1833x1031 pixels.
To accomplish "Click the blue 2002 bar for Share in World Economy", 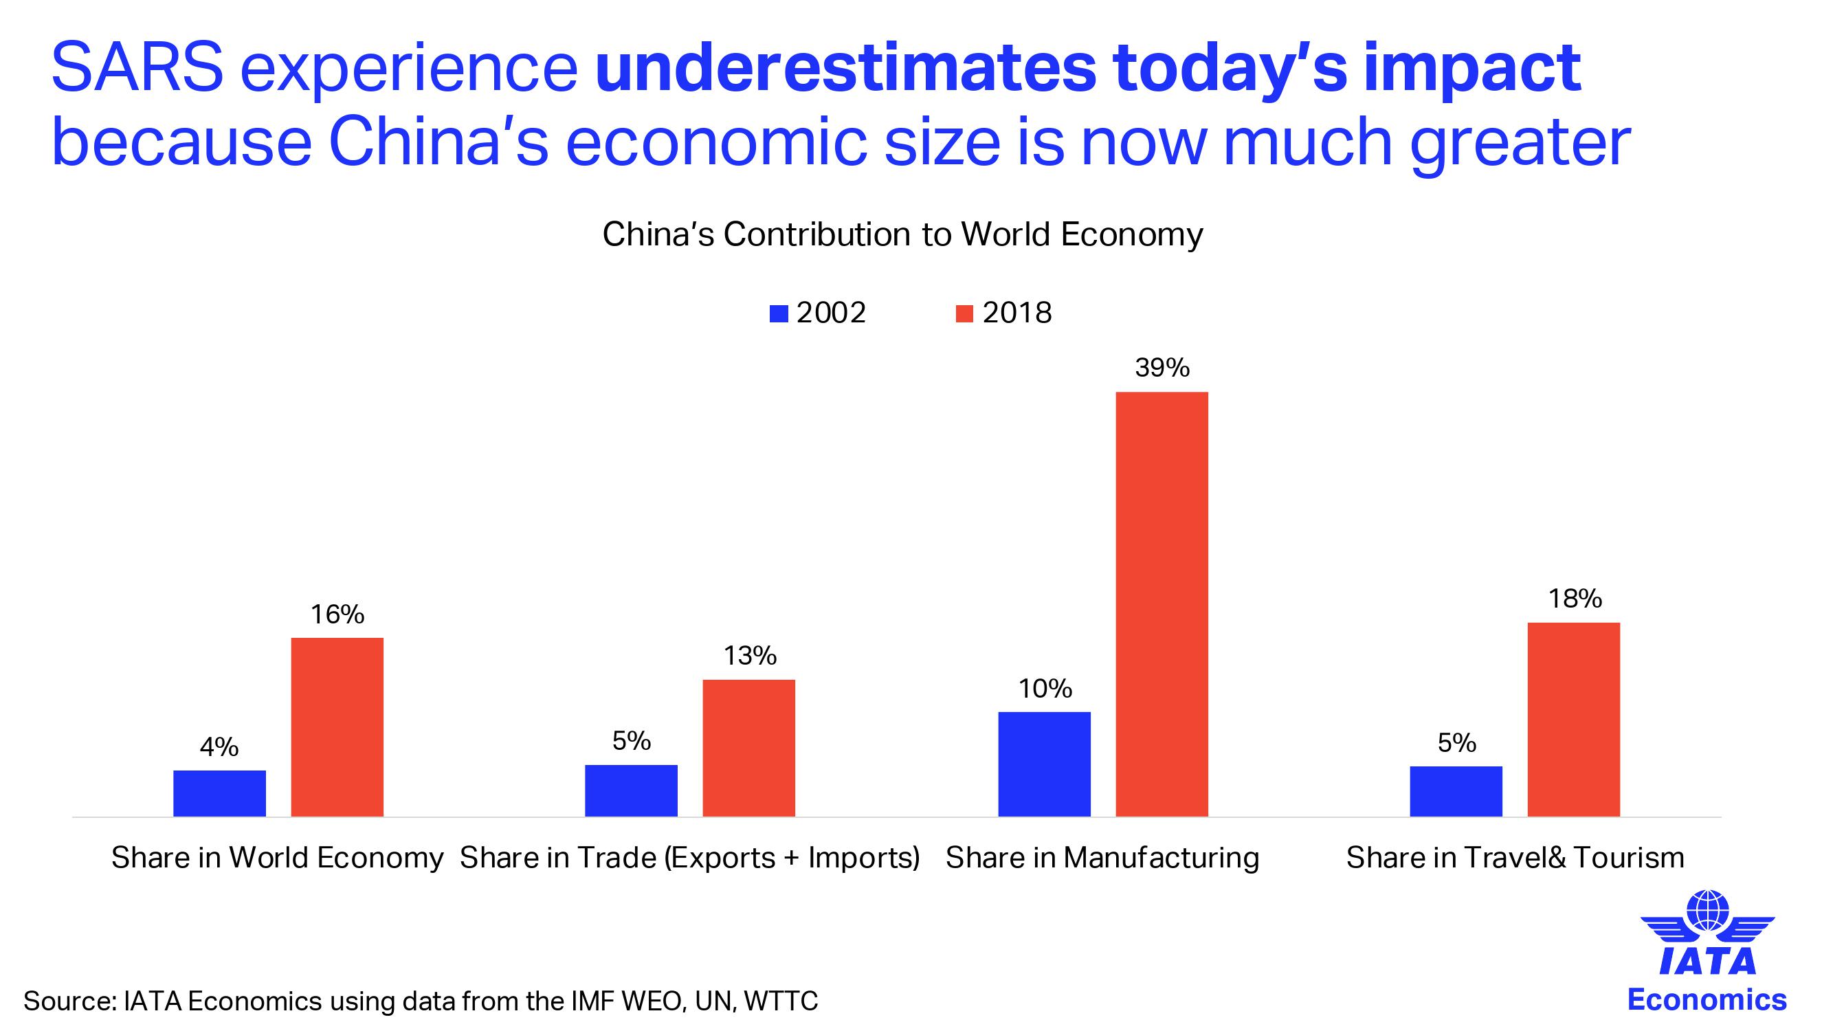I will click(219, 792).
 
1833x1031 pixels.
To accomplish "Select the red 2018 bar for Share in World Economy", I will click(337, 727).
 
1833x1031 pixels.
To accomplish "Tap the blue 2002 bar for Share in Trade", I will click(631, 790).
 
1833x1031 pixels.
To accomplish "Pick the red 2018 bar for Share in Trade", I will click(748, 747).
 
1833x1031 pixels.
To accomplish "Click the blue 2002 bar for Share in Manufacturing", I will click(1044, 764).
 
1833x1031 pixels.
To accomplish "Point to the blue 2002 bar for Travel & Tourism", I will click(1456, 790).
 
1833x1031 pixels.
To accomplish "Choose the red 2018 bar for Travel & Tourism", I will click(1573, 719).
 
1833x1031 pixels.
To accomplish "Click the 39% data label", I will click(1162, 368).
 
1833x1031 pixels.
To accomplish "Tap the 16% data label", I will click(337, 614).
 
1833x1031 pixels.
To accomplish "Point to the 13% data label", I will click(750, 655).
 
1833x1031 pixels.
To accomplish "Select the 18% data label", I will click(1575, 599).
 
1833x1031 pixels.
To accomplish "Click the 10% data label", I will click(1045, 688).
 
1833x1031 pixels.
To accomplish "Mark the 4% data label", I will click(219, 746).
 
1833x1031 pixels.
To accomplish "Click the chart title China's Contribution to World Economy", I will click(902, 234).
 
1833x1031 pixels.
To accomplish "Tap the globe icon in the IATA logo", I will click(1707, 910).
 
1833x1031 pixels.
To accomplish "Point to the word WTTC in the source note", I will click(781, 1000).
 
